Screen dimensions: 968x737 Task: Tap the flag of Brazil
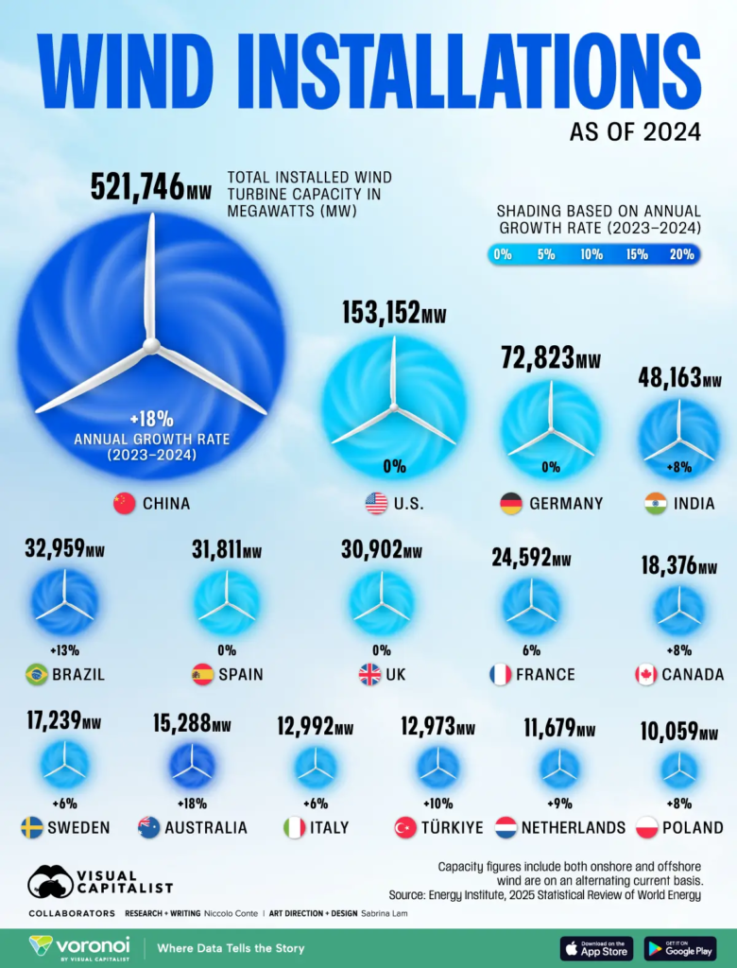(36, 675)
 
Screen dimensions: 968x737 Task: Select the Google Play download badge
(680, 948)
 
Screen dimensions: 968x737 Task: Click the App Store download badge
(596, 948)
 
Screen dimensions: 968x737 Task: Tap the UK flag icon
(369, 675)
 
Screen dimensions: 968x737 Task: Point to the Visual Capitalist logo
(100, 882)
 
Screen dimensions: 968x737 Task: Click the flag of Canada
(646, 675)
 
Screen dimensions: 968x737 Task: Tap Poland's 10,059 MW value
(678, 732)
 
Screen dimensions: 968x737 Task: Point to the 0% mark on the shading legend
(502, 254)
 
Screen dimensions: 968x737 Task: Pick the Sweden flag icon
(32, 828)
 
